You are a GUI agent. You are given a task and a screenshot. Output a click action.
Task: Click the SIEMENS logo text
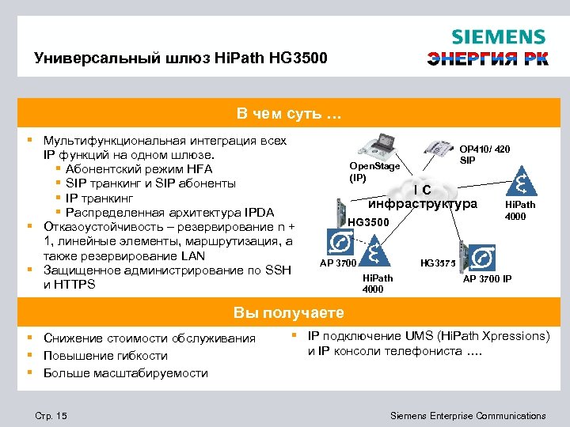tap(498, 37)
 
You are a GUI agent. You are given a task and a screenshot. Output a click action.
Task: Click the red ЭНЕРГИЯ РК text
tap(487, 59)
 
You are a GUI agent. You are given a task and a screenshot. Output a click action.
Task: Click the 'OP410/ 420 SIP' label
tap(484, 154)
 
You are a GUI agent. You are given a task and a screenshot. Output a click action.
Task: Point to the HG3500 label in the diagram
tap(369, 222)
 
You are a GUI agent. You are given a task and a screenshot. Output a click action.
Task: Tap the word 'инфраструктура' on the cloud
tap(428, 204)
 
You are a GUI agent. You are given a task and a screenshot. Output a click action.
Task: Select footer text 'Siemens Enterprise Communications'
tap(469, 416)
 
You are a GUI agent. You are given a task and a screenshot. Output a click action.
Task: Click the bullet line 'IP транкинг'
tap(99, 198)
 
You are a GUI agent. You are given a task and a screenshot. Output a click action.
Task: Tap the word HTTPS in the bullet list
tap(69, 285)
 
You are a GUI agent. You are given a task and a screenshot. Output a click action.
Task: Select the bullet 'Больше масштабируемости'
tap(125, 372)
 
